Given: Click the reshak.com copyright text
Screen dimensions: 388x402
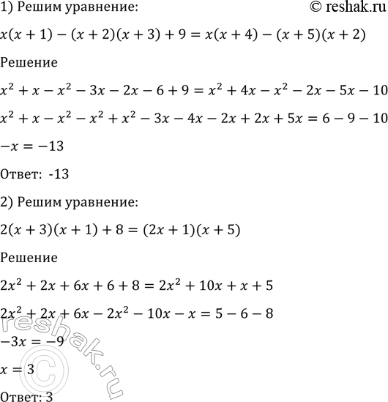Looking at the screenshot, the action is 343,8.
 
